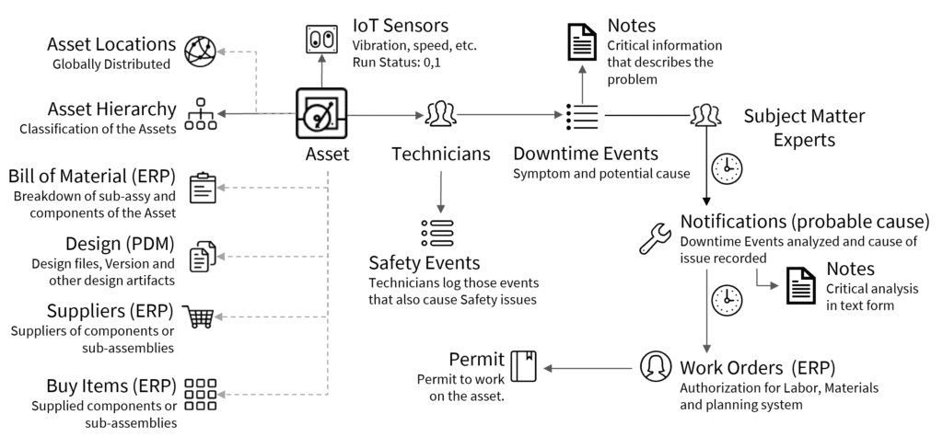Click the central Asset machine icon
point(320,114)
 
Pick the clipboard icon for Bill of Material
point(202,188)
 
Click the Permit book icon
point(524,367)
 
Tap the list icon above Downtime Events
point(582,116)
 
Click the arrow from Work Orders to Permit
point(589,368)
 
